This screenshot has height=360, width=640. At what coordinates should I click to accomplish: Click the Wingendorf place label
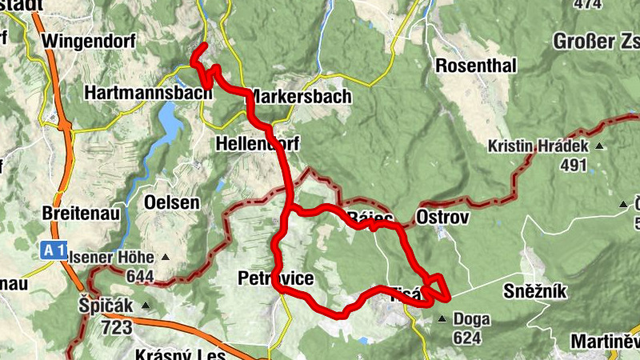(88, 41)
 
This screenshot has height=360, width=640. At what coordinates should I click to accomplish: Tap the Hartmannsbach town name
(148, 93)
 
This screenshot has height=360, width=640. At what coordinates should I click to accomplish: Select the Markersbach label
(301, 97)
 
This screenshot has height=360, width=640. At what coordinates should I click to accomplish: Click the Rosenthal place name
(475, 66)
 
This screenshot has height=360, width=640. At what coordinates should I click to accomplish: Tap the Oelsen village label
(171, 202)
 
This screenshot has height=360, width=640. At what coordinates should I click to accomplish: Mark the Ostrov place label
(442, 218)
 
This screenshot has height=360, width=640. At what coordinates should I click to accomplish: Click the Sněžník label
(535, 291)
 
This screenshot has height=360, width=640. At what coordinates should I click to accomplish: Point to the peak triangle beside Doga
(442, 319)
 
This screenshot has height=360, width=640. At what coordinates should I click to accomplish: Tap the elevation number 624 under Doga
(466, 338)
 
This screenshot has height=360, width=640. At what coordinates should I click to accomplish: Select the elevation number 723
(116, 326)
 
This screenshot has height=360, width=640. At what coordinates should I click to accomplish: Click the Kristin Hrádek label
(538, 146)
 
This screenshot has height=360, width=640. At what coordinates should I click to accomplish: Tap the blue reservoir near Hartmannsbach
(170, 120)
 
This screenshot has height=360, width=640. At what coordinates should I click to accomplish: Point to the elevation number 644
(142, 277)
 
